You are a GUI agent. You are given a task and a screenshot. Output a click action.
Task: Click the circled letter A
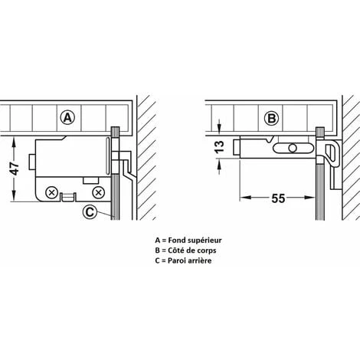[x=67, y=118]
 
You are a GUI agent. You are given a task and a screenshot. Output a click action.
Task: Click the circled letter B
[x=271, y=118]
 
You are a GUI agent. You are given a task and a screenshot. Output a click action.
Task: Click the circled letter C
[x=90, y=212]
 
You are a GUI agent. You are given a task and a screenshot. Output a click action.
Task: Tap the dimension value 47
[x=15, y=169]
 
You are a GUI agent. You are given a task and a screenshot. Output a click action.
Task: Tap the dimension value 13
[x=220, y=147]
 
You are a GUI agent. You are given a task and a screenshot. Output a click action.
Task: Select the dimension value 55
[x=278, y=198]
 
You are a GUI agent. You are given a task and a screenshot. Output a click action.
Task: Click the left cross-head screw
[x=52, y=192]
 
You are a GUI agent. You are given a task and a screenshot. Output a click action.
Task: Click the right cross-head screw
[x=98, y=192]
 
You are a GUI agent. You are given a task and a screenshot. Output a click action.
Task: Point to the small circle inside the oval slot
[x=293, y=148]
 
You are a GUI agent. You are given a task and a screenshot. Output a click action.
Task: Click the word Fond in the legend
[x=177, y=241]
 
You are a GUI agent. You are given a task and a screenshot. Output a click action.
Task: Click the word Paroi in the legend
[x=176, y=260]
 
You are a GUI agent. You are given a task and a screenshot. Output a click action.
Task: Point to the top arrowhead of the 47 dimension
[x=14, y=141]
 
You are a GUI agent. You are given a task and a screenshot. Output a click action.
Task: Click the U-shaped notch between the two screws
[x=68, y=197]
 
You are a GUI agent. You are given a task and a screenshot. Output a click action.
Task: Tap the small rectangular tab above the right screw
[x=91, y=181]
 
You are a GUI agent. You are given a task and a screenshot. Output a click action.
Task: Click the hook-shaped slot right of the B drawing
[x=332, y=153]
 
